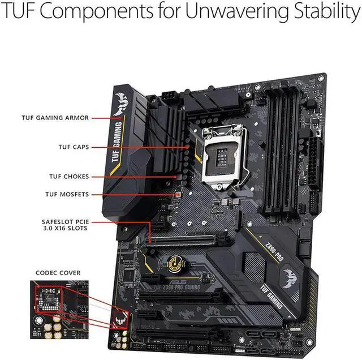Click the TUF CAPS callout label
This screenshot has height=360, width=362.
(x=74, y=147)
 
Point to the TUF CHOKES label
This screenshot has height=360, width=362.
(x=67, y=177)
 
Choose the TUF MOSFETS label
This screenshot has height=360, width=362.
(x=67, y=195)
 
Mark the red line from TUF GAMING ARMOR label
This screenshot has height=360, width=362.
(x=106, y=118)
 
